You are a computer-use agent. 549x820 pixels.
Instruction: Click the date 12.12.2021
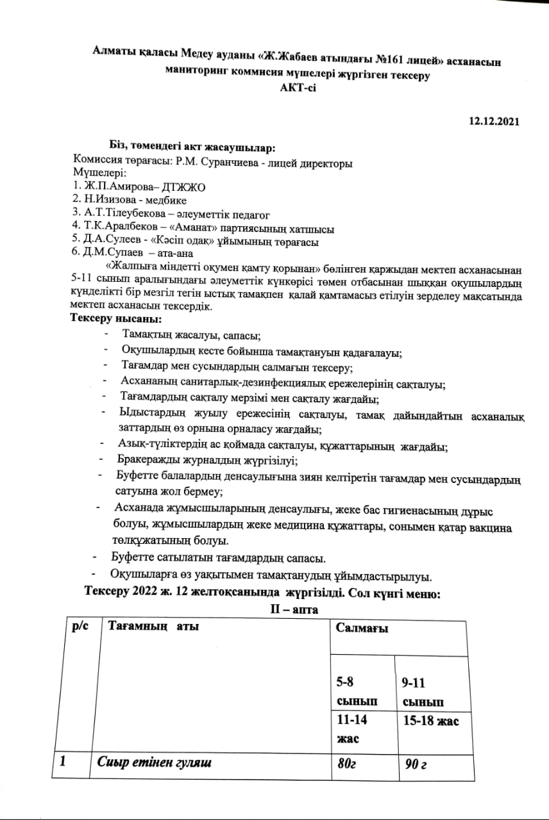(x=494, y=121)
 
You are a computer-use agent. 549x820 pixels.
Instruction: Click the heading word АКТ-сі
(x=298, y=87)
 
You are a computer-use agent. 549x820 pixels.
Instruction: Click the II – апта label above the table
(x=293, y=609)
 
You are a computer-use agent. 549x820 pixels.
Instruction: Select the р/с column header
(x=81, y=626)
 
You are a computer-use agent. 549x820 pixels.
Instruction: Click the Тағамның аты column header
(x=154, y=626)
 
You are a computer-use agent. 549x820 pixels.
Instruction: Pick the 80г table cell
(x=347, y=763)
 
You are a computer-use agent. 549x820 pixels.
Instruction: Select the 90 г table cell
(x=415, y=764)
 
